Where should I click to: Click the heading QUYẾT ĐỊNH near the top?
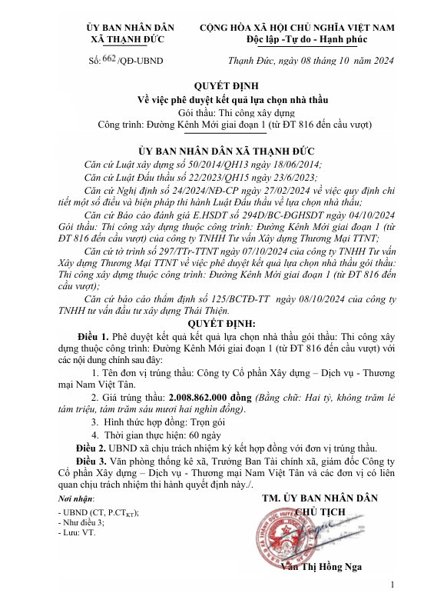(x=211, y=87)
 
